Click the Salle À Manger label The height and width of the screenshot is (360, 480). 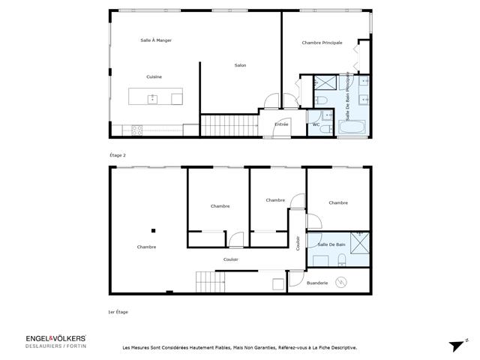click(156, 40)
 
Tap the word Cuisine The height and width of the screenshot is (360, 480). click(154, 77)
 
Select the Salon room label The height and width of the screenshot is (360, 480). click(240, 65)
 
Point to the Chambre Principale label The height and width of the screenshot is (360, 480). click(322, 43)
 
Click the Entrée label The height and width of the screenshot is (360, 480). click(281, 124)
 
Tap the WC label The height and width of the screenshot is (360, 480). click(316, 124)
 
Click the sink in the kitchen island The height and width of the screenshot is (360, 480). click(152, 97)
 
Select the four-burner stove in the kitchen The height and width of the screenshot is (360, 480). click(137, 130)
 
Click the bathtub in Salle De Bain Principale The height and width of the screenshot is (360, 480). click(352, 129)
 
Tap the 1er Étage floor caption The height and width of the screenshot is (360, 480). click(118, 311)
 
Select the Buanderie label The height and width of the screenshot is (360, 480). click(319, 282)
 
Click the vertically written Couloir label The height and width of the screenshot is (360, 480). click(298, 244)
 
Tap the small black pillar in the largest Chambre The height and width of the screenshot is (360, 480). click(152, 230)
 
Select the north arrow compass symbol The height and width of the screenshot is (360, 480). click(457, 344)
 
